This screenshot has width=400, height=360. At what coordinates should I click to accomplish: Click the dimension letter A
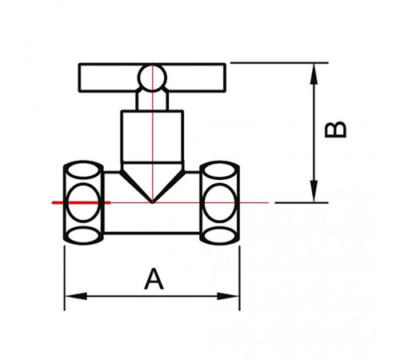[154, 279]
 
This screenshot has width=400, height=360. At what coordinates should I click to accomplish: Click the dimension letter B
[335, 130]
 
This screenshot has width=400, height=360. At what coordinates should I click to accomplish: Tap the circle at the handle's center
[152, 78]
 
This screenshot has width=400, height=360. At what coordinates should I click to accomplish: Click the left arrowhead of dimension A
[76, 296]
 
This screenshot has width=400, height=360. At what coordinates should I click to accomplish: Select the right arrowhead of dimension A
[228, 296]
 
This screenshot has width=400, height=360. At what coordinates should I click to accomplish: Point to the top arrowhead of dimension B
[314, 74]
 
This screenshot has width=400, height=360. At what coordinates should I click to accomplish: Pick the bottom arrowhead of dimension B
[314, 191]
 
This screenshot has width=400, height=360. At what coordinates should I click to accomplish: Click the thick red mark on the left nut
[81, 203]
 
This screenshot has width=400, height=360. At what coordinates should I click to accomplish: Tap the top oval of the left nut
[83, 170]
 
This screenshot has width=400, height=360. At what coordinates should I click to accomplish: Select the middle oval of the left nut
[83, 202]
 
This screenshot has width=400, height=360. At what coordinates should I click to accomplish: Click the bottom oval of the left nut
[83, 235]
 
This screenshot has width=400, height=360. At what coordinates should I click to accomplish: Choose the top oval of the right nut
[219, 170]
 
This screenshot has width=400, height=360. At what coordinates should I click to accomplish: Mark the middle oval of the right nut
[220, 202]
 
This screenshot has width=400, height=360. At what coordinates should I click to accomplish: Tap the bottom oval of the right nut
[219, 235]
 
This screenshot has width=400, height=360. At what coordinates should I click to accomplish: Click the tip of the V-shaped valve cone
[152, 203]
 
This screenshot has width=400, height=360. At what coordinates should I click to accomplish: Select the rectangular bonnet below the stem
[152, 136]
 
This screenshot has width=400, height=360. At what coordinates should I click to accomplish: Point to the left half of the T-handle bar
[109, 78]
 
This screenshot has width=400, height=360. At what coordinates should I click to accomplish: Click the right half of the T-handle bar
[196, 78]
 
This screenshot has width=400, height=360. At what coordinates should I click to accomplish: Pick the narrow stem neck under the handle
[152, 99]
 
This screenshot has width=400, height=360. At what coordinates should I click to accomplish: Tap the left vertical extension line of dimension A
[65, 278]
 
